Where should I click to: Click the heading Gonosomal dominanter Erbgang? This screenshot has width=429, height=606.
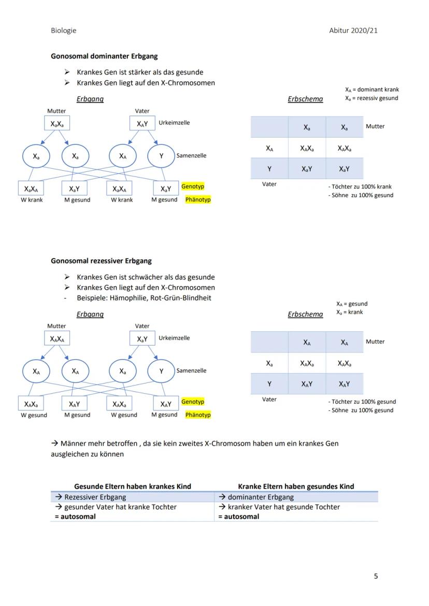coord(104,56)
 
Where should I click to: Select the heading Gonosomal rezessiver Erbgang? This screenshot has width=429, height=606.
coord(101,261)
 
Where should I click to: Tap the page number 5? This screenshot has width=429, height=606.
coord(376,576)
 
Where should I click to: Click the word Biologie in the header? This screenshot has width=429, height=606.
coord(63,30)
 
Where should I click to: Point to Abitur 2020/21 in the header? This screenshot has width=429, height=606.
coord(353,30)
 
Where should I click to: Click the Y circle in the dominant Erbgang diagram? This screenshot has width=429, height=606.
coord(161,156)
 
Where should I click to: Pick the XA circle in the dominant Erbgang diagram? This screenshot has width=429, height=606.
coord(123,156)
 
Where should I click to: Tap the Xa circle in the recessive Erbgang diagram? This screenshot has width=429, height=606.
coord(123,371)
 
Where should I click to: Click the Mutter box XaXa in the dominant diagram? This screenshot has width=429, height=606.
coord(56,124)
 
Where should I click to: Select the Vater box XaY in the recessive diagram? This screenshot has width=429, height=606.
coord(142,339)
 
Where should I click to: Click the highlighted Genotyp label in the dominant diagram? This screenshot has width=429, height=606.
coord(193,186)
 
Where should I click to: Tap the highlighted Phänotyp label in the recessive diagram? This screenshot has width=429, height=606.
coord(198,415)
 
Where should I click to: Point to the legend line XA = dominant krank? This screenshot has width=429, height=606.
coord(371,90)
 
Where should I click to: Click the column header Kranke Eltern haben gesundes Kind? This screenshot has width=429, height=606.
coord(296,486)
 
